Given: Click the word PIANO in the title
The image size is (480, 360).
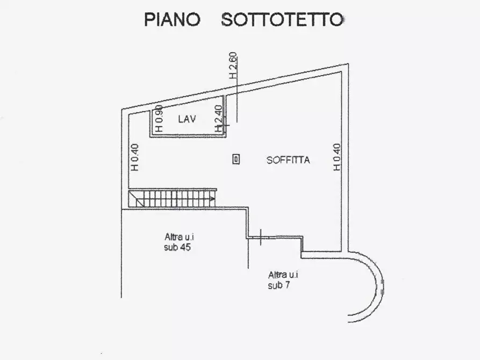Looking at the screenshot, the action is tap(172, 19).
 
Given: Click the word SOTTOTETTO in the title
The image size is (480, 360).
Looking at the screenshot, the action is tap(282, 19).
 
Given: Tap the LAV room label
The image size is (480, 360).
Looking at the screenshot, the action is tap(187, 119).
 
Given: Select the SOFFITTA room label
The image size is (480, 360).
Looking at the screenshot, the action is tap(288, 160).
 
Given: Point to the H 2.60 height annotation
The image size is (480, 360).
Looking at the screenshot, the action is tap(233, 66).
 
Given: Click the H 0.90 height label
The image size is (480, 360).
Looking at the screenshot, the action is tap(159, 118).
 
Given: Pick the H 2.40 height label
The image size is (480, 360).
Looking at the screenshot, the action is tap(218, 118).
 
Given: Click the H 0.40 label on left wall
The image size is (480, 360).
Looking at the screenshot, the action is tap(134, 157).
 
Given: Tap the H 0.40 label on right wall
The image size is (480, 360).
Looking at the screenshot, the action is tap(336, 157).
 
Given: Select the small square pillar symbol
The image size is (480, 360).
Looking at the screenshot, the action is tap(236, 159).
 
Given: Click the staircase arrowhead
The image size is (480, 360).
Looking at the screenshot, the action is tap(212, 199).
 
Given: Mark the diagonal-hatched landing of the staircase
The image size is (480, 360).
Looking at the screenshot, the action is tap(136, 199).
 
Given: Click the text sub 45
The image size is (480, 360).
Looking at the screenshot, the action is tap(177, 247).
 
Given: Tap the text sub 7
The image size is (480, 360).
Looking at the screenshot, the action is tap(278, 285).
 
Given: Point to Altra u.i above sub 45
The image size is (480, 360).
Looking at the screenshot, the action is tap(179, 237).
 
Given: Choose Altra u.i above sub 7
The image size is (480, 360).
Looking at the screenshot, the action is tap(283, 275).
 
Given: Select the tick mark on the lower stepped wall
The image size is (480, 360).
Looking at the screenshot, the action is tap(261, 237).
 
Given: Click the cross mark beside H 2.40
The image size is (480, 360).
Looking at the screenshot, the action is tap(226, 125).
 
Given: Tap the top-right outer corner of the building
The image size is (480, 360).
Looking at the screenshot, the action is tap(348, 64).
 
